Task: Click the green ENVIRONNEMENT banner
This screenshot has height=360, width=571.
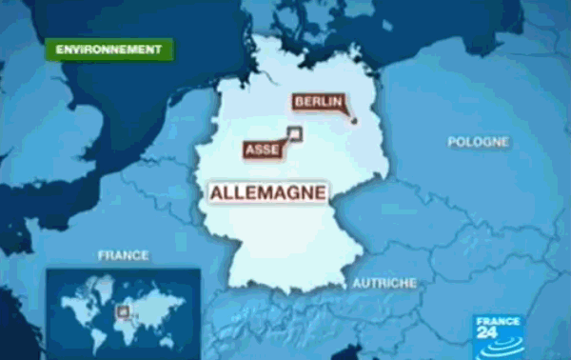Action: [x=109, y=49]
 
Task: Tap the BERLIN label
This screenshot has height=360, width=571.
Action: [x=319, y=101]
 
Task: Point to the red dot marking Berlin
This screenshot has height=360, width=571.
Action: [x=353, y=120]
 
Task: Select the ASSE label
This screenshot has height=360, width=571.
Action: [x=262, y=150]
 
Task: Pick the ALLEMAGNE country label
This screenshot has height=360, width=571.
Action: [x=268, y=192]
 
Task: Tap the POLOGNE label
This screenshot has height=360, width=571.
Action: [x=478, y=142]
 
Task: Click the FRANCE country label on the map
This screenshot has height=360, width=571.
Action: [x=124, y=255]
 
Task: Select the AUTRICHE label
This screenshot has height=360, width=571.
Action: [x=384, y=284]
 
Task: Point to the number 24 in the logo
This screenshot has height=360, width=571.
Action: [x=511, y=331]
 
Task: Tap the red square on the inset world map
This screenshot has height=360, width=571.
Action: [x=121, y=310]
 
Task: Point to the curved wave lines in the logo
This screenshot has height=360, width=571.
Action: [x=500, y=348]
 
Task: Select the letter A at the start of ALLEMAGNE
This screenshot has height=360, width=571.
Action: [x=214, y=192]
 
